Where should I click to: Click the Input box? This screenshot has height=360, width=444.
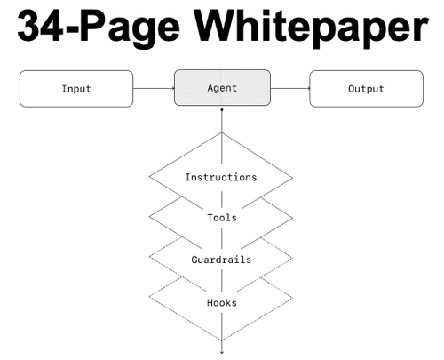click(x=76, y=89)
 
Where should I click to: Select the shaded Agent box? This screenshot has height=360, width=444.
click(x=222, y=88)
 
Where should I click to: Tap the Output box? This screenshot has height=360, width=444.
click(x=367, y=89)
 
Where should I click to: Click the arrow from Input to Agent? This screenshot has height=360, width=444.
click(x=154, y=88)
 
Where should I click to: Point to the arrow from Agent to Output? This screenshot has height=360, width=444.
click(x=290, y=88)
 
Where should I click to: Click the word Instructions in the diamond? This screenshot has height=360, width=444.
click(x=221, y=177)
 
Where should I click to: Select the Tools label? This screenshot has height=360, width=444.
click(x=222, y=218)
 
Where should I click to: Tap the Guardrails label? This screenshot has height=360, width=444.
click(x=221, y=260)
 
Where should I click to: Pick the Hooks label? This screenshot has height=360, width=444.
click(x=222, y=302)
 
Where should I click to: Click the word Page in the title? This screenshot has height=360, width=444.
click(x=130, y=29)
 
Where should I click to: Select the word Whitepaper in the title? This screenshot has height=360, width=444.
click(x=311, y=29)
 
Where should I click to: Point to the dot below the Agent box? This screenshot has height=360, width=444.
click(x=222, y=110)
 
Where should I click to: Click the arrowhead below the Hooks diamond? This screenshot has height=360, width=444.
click(x=222, y=352)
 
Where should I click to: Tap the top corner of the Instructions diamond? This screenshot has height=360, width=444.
click(x=222, y=132)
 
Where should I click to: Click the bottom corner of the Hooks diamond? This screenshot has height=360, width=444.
click(x=222, y=340)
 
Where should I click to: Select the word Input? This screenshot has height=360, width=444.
click(x=76, y=89)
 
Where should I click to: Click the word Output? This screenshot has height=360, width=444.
click(x=366, y=89)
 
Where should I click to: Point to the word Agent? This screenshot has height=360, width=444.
click(x=222, y=88)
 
